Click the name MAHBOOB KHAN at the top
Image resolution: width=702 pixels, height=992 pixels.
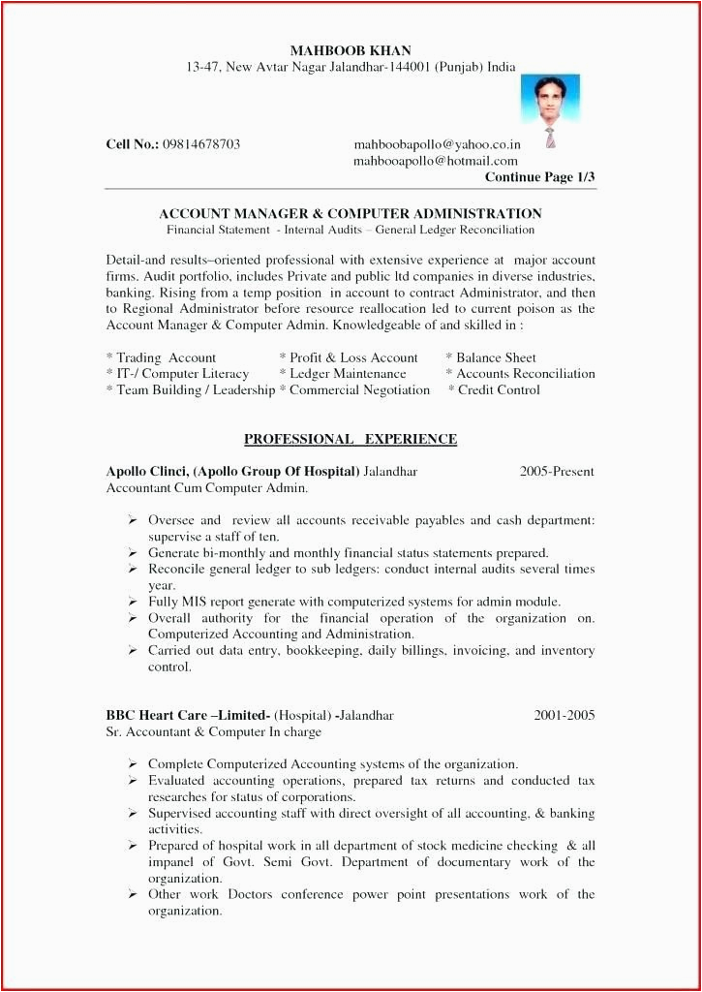[x=350, y=50]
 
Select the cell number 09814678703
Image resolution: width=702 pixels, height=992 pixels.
[x=201, y=144]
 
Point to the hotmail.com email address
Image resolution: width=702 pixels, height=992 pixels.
[x=435, y=161]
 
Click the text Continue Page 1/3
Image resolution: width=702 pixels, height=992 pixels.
[x=539, y=177]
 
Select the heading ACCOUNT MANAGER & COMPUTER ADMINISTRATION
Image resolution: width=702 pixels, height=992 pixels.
[x=350, y=213]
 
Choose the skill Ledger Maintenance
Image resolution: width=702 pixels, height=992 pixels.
[x=348, y=374]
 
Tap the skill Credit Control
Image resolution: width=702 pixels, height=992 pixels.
[x=499, y=390]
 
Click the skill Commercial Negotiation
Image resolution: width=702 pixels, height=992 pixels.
[x=359, y=390]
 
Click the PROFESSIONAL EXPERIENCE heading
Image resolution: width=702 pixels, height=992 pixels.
[x=350, y=439]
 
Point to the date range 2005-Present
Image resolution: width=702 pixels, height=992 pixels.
[x=557, y=472]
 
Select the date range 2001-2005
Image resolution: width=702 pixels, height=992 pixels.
[x=565, y=716]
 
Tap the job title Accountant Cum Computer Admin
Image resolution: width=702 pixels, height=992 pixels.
[x=206, y=488]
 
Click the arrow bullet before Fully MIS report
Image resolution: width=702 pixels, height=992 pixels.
[x=132, y=602]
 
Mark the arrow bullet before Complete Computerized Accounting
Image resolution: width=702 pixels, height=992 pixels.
[x=132, y=764]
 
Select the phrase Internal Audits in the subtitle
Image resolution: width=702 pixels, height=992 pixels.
[x=323, y=230]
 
